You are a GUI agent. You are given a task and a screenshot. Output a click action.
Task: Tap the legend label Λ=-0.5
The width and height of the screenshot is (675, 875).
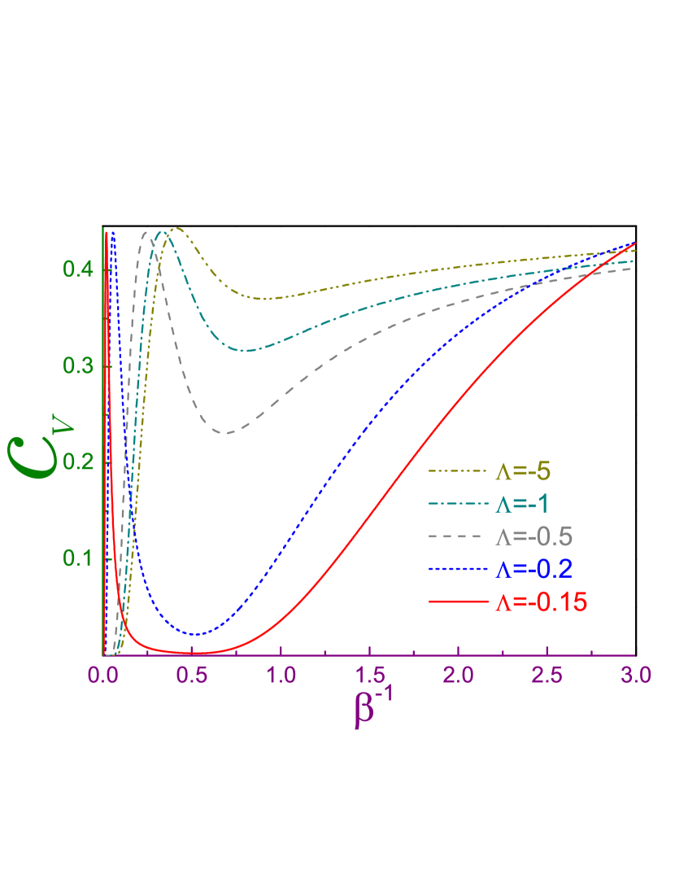[533, 536]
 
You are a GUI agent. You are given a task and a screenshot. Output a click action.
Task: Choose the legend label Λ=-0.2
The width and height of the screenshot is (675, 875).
[533, 569]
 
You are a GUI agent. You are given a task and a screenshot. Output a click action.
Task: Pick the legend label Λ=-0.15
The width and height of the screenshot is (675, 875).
[540, 602]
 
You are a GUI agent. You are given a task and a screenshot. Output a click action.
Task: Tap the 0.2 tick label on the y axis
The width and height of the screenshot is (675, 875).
[80, 462]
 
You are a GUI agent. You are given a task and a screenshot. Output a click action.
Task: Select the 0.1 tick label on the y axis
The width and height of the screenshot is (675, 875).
[80, 558]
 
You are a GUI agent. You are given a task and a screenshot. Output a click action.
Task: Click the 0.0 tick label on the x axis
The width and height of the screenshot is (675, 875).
[103, 676]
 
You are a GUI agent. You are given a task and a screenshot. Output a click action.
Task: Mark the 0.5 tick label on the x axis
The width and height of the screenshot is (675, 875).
[192, 676]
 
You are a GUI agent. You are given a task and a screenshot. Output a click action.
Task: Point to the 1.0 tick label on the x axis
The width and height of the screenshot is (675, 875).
[281, 676]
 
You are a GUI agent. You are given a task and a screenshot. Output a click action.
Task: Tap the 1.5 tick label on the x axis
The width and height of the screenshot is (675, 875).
[369, 676]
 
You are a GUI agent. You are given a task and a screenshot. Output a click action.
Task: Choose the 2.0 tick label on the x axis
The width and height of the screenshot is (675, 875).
[458, 676]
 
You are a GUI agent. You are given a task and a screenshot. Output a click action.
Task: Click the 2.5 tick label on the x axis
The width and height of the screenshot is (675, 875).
[547, 676]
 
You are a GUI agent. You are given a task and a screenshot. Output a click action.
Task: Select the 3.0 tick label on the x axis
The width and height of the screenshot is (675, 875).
[635, 676]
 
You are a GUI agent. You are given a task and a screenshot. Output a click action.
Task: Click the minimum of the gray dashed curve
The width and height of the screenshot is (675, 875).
[229, 432]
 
